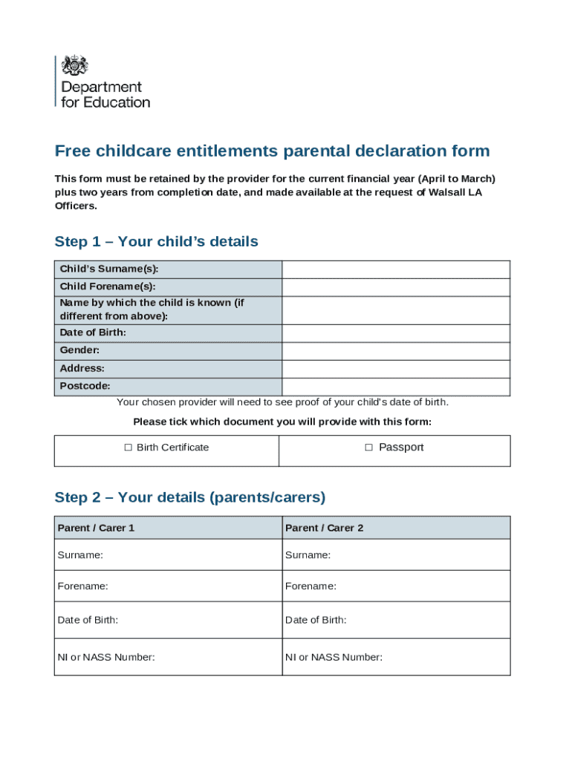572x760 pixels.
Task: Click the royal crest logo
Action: (x=74, y=65)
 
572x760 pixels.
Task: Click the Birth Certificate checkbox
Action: (x=128, y=448)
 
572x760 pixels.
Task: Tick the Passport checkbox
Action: (x=368, y=448)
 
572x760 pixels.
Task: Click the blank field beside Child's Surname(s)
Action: (x=395, y=269)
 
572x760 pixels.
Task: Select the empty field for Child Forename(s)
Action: (x=395, y=287)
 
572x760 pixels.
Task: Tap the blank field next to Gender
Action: (x=395, y=351)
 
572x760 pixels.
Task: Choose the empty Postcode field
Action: (x=395, y=387)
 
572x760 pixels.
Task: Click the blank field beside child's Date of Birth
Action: (x=395, y=333)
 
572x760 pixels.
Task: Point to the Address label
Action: (x=82, y=368)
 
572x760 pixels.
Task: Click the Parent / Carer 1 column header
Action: (x=97, y=528)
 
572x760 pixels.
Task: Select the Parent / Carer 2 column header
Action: (x=325, y=528)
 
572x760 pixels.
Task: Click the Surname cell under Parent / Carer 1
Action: (x=168, y=555)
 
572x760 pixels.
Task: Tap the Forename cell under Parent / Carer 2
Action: (x=396, y=586)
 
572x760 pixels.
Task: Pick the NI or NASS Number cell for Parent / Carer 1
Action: (x=168, y=657)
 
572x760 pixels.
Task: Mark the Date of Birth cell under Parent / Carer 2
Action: (x=396, y=620)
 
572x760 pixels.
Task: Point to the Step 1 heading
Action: (x=156, y=242)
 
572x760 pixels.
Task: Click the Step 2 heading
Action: (x=189, y=497)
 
